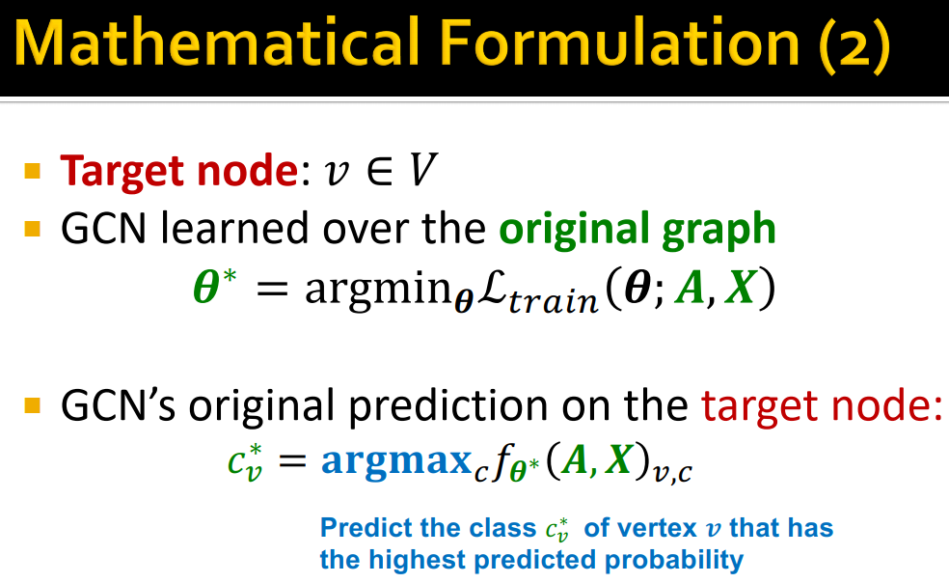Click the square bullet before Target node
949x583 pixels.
(34, 173)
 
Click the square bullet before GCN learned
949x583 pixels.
(34, 231)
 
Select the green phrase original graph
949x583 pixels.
(637, 231)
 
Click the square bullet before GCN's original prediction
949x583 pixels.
(34, 406)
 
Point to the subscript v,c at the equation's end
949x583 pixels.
(673, 473)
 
